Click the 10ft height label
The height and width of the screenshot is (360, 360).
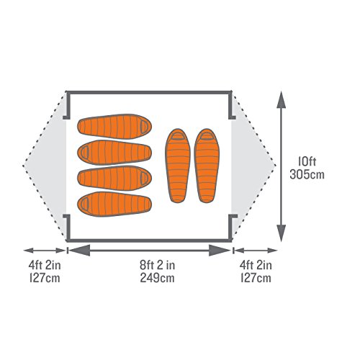point(307,162)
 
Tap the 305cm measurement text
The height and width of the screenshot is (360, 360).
point(307,174)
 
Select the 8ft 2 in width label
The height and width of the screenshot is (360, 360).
point(158,265)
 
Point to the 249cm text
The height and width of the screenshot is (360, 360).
point(158,278)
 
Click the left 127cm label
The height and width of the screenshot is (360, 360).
point(45,278)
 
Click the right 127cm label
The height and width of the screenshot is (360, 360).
point(256,278)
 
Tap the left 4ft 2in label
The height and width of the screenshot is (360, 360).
point(45,265)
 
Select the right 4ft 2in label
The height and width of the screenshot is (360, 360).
point(256,265)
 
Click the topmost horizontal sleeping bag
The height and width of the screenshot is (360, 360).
point(114,127)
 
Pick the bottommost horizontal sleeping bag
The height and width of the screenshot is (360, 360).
point(114,204)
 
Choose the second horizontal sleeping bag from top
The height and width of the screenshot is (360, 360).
point(114,153)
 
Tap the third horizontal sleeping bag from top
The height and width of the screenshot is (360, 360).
point(114,178)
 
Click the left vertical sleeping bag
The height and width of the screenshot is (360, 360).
point(178,166)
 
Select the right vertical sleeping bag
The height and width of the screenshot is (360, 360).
point(207,166)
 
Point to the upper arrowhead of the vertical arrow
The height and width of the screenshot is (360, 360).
point(281,99)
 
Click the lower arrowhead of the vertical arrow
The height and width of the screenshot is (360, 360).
point(281,233)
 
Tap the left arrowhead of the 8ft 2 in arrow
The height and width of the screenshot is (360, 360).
point(79,251)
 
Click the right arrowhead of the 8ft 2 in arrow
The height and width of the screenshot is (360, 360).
point(220,251)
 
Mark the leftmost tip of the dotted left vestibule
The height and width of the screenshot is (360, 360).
point(24,166)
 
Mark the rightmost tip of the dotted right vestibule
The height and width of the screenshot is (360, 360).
point(275,166)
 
